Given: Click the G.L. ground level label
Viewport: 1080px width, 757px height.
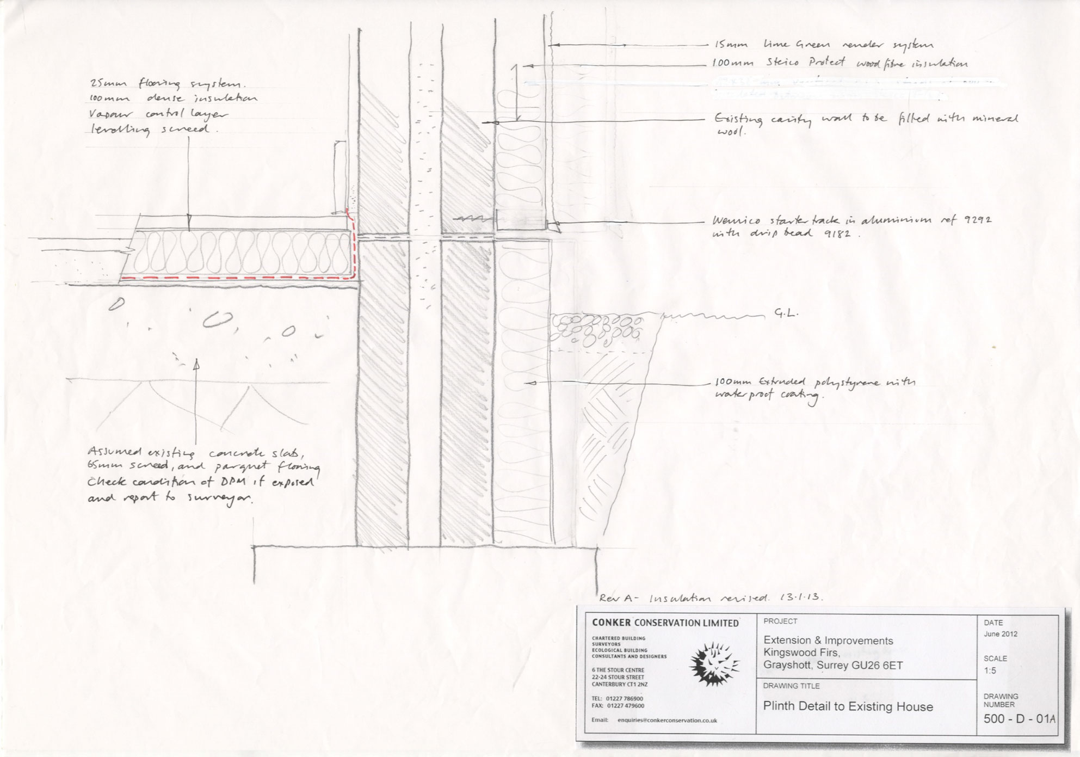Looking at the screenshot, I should pos(786,314).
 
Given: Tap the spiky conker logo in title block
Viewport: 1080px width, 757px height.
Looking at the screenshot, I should pos(714,663).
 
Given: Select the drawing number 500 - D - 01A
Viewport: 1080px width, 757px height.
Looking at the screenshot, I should pos(1019,719).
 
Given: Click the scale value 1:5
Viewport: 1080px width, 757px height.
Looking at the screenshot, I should pos(990,670).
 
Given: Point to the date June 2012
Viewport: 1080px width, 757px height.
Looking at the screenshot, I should pos(1001,634).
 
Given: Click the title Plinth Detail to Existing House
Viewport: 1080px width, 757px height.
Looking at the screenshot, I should pos(848,706).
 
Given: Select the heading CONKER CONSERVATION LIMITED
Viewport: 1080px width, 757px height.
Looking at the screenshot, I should pos(665,623).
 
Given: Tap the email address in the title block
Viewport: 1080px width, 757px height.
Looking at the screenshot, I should pos(666,720).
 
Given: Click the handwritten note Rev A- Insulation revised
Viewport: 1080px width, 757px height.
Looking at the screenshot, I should pos(711,598).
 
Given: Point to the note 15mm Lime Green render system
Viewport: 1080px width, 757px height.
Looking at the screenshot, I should pos(824,45).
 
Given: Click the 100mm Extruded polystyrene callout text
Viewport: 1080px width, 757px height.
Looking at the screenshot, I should pos(814,389).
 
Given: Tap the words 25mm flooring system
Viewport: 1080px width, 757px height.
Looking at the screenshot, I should pos(168,85).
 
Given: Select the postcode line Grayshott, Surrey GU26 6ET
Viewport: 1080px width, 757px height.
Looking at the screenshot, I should pos(832,665).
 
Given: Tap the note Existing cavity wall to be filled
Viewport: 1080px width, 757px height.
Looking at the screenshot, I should pos(865,123).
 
